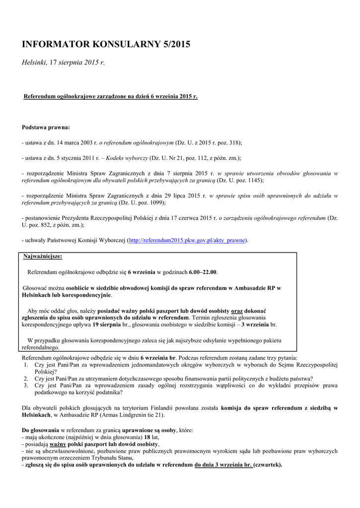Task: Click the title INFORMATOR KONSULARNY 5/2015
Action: (x=106, y=45)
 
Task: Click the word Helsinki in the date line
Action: (x=34, y=63)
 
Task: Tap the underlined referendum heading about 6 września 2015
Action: (x=111, y=96)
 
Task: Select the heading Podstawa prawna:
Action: (x=46, y=127)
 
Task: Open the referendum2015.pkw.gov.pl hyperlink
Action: (x=187, y=241)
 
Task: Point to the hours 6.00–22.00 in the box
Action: (x=203, y=272)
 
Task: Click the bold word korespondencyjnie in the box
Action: (x=81, y=295)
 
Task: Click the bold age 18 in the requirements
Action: (x=147, y=438)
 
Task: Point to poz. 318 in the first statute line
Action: (x=228, y=142)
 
